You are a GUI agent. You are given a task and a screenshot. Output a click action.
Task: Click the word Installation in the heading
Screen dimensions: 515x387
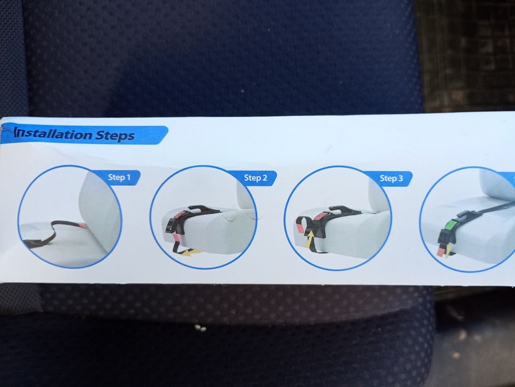pos(53,134)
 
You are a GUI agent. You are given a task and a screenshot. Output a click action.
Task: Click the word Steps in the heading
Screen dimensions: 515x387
pos(115,136)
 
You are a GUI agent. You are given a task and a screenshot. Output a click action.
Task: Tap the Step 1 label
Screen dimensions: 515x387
pos(119,177)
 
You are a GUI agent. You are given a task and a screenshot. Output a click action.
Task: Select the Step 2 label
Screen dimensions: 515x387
pos(255,178)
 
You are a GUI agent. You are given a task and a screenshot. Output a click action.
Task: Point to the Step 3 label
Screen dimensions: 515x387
pos(391,178)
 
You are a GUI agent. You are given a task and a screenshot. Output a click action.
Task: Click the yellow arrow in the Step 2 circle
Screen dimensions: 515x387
pos(192,252)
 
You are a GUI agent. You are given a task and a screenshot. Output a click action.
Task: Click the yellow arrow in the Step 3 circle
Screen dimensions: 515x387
pos(309,239)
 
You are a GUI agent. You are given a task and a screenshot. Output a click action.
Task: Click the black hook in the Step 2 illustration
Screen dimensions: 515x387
pos(200,210)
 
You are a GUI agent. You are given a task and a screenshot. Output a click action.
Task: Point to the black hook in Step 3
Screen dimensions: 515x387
pos(338,210)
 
